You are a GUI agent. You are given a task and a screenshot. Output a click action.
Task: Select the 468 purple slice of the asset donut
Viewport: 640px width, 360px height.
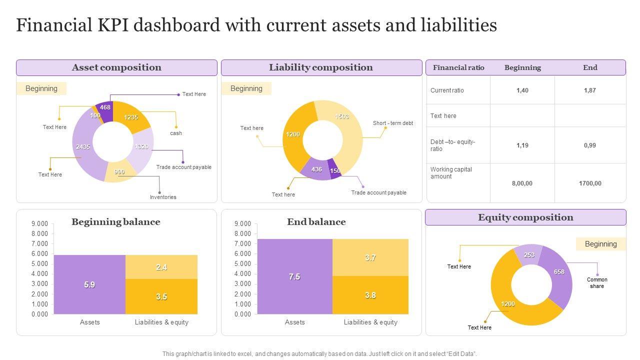pos(105,108)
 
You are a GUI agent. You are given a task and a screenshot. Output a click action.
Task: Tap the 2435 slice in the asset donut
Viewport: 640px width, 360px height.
pos(83,147)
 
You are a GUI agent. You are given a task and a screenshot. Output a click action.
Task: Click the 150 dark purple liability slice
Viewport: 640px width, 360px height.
pos(335,170)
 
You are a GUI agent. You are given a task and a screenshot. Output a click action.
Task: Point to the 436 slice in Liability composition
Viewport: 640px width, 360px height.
pos(316,169)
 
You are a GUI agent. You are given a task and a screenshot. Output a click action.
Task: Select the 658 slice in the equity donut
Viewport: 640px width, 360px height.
pos(559,272)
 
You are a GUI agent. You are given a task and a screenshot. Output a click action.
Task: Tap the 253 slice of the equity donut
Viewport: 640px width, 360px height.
pos(529,255)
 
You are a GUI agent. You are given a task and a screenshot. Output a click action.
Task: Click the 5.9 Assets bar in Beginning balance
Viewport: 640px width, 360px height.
pos(89,284)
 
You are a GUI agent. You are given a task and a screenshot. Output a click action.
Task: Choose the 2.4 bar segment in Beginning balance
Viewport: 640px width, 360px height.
pos(161,267)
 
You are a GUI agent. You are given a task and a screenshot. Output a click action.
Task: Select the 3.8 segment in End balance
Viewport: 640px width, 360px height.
pos(370,295)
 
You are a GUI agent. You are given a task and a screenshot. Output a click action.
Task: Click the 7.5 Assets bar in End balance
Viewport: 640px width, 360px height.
pos(294,276)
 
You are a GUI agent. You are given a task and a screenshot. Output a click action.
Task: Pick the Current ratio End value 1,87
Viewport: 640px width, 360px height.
pos(590,90)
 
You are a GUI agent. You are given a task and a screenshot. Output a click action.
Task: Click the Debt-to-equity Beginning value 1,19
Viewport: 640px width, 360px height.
pos(522,145)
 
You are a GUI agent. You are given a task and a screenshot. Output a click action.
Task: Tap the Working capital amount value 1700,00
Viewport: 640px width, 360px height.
pos(590,183)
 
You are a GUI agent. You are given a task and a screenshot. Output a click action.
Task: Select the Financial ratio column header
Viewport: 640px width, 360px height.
pos(458,67)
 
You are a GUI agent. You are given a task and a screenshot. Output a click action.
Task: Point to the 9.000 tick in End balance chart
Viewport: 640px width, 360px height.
pos(242,223)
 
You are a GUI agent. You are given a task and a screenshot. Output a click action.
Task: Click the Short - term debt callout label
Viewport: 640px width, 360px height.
pos(393,123)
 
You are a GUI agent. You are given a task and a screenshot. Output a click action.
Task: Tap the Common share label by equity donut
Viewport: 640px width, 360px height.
pos(597,283)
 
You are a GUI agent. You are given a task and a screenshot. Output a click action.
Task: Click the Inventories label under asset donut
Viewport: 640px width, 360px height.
pos(163,197)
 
